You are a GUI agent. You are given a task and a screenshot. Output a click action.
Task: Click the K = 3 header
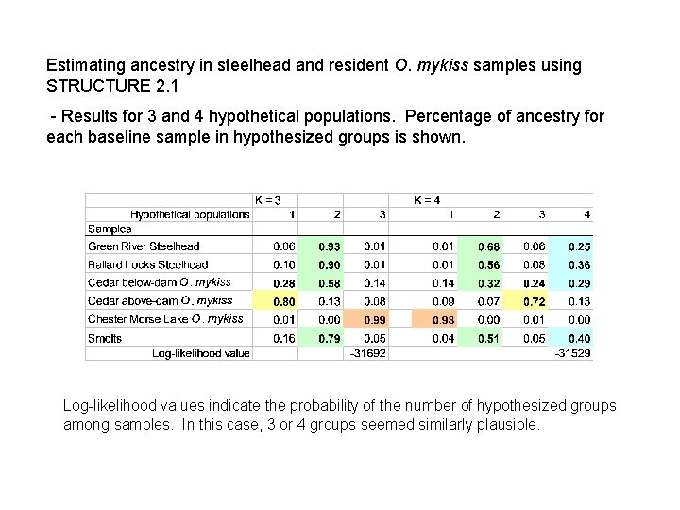coord(269,199)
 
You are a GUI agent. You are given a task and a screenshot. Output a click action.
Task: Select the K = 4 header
coord(428,199)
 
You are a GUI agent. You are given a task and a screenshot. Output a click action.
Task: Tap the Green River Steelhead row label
coord(144,246)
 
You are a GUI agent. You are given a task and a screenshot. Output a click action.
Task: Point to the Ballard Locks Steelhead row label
coord(147,264)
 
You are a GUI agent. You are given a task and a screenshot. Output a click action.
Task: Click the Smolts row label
coord(105,338)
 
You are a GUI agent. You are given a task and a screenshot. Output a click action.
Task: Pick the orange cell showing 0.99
coord(375,320)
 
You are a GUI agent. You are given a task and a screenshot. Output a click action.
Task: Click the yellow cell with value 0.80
coord(283,301)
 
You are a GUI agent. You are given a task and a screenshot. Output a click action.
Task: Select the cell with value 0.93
coord(330,246)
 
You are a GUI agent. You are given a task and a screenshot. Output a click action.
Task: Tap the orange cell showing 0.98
coord(443,320)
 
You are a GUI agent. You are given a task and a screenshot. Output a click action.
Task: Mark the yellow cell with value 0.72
coord(535,301)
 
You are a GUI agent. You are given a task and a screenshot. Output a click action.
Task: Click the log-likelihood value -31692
coord(367,354)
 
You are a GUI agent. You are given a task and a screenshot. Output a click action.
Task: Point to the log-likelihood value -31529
coord(572,354)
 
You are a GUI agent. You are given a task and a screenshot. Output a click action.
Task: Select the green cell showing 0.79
coord(330,338)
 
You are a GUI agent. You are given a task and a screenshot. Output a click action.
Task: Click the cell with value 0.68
coord(488,246)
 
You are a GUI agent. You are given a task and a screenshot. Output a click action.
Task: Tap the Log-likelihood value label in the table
coord(201,353)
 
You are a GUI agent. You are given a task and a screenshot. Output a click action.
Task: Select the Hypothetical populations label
coord(190,214)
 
